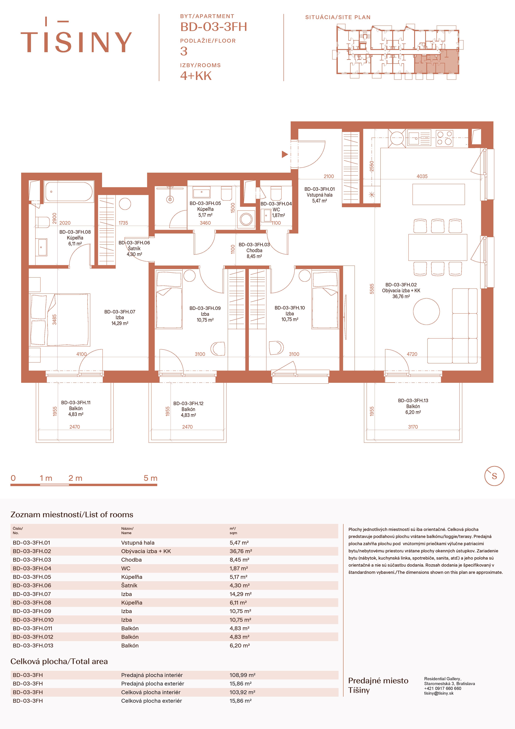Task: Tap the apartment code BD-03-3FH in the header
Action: tap(213, 27)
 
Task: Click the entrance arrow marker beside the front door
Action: tap(285, 154)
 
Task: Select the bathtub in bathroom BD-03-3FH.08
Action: tap(69, 191)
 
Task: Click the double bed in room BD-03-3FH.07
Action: tap(60, 320)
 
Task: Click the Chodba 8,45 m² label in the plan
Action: tap(254, 251)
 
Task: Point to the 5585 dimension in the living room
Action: tap(372, 289)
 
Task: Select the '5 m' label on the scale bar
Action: tap(151, 478)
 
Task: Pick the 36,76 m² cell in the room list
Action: tap(241, 551)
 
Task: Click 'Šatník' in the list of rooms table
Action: tap(129, 585)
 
